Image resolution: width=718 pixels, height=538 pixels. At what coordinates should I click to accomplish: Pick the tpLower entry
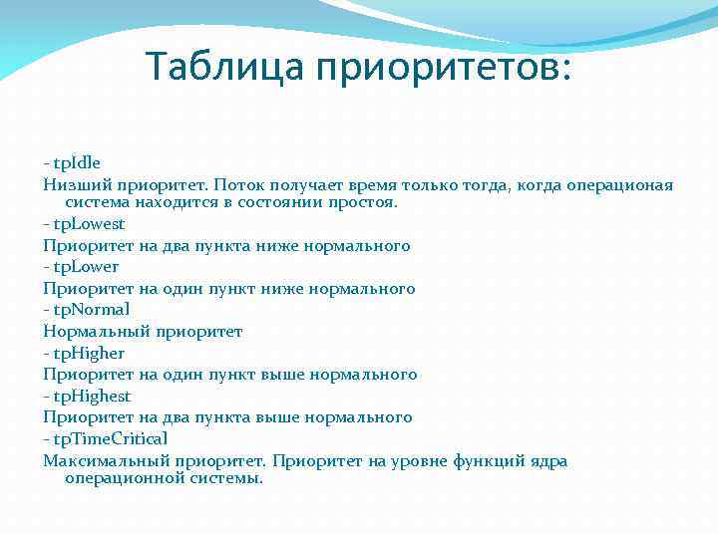coord(85,267)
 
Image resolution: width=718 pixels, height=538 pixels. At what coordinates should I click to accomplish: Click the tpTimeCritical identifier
coord(110,438)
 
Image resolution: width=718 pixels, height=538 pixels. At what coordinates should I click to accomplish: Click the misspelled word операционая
coord(619,185)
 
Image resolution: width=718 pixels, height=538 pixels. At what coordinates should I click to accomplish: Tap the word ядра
coord(547,460)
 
